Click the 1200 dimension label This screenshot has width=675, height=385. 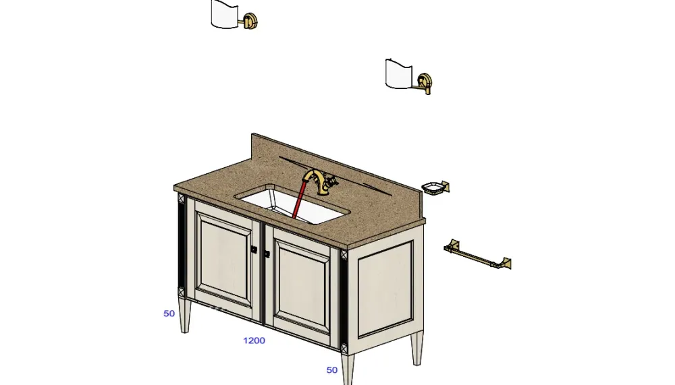(254, 340)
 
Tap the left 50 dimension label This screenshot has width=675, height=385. (169, 314)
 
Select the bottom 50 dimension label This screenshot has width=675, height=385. (332, 370)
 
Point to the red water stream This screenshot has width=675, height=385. (299, 199)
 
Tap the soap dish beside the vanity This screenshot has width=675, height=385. (435, 188)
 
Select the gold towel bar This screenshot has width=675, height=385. (477, 255)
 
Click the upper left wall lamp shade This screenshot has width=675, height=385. (225, 14)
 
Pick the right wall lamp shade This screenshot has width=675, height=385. (398, 74)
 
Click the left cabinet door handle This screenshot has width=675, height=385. (254, 249)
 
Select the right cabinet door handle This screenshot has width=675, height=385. (267, 254)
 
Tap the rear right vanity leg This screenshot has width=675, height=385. (416, 348)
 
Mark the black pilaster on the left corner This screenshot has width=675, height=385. (181, 245)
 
